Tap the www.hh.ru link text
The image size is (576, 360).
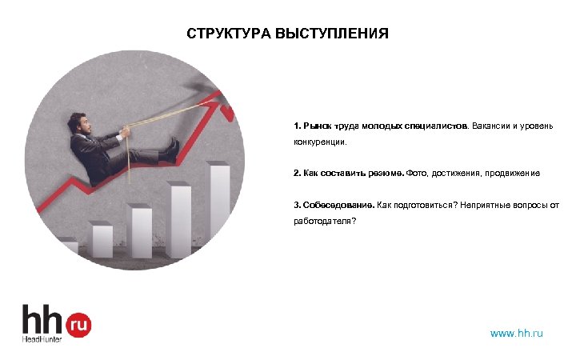tap(516, 333)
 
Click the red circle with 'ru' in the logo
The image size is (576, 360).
tap(78, 324)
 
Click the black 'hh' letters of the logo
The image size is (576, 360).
tap(43, 318)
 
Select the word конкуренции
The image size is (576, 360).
tap(319, 143)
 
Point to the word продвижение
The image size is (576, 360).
tap(511, 173)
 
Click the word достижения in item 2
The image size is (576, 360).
tap(455, 173)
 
